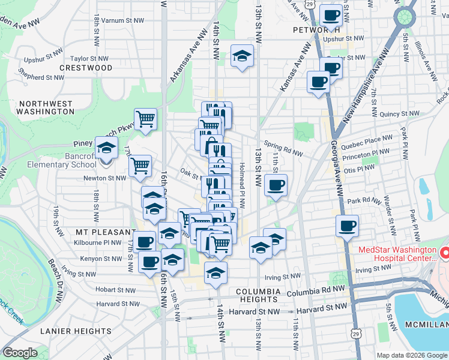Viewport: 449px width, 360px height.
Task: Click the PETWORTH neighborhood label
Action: pyautogui.click(x=317, y=29)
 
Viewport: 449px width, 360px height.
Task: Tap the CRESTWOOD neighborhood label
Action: pyautogui.click(x=86, y=68)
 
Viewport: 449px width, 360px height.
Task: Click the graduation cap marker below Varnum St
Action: pyautogui.click(x=242, y=56)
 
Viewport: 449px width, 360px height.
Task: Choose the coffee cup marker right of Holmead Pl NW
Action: pyautogui.click(x=276, y=185)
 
